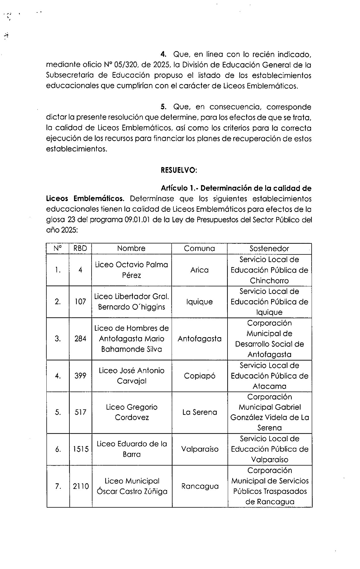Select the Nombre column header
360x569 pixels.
click(131, 248)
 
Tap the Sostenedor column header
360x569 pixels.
click(269, 248)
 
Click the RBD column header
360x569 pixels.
click(80, 248)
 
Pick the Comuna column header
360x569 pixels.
click(199, 248)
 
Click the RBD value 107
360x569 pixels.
click(80, 302)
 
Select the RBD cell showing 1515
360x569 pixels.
click(81, 449)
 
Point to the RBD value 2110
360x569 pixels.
click(81, 486)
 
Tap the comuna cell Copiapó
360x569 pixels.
click(200, 376)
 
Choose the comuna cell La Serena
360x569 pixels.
click(200, 412)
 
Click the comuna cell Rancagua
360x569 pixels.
click(200, 486)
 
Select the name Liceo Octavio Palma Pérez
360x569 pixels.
click(131, 270)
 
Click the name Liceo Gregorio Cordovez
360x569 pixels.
click(132, 412)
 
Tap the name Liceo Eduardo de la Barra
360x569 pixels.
click(132, 449)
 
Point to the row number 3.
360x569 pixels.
click(58, 339)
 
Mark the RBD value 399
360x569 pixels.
click(80, 376)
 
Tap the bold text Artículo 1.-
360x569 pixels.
click(179, 188)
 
